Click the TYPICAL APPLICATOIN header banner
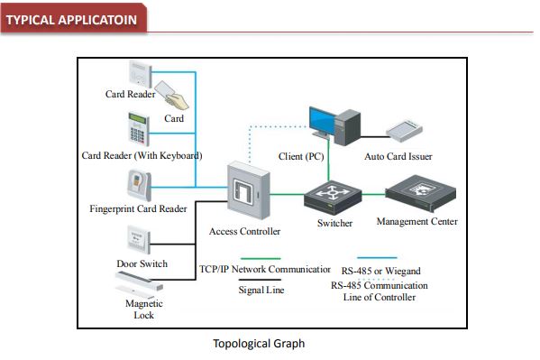point(75,20)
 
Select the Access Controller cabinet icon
point(247,192)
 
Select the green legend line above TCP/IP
point(259,258)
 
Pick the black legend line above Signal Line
point(259,281)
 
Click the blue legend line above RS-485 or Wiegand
point(377,258)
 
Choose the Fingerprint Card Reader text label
point(138,208)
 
